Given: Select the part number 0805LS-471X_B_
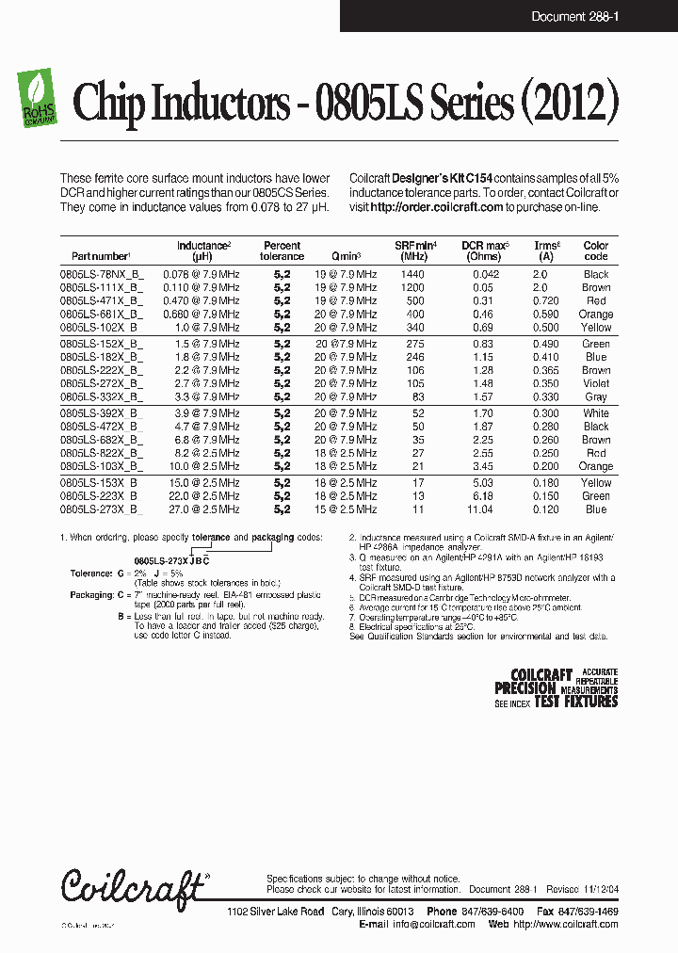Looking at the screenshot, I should tap(102, 301).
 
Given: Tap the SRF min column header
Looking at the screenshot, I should tap(413, 250).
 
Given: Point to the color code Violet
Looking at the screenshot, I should tap(596, 384).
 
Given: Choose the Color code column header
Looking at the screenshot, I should tap(596, 250).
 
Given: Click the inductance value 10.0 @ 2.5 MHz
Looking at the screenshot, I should tap(208, 466).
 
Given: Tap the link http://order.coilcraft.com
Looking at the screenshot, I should tap(437, 207).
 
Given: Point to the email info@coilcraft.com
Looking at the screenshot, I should tap(436, 925).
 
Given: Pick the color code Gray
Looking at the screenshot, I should tap(596, 397).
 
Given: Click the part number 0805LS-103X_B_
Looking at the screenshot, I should tap(102, 466).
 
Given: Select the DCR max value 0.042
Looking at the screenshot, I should tap(482, 275).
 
